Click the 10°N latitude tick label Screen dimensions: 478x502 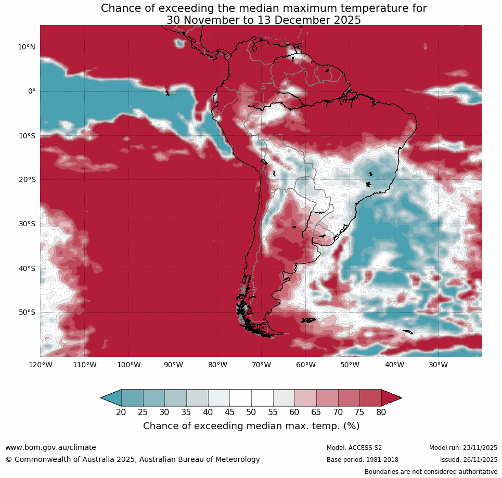click(27, 47)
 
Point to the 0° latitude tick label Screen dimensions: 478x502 click(32, 91)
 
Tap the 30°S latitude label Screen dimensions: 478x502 click(27, 224)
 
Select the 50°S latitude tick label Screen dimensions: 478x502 click(27, 312)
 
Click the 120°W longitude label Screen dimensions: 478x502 click(40, 365)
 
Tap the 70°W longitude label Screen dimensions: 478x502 click(261, 365)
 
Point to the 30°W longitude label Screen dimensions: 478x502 click(438, 365)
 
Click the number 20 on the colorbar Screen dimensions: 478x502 click(121, 412)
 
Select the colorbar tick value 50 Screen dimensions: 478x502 click(251, 412)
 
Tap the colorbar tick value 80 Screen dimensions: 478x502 click(381, 412)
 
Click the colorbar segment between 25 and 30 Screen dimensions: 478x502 click(154, 398)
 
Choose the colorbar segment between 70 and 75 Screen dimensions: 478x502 click(349, 398)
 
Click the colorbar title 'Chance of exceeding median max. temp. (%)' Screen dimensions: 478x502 click(251, 426)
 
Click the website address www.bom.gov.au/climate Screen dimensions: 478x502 click(50, 447)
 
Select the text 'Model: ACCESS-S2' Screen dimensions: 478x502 click(354, 448)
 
